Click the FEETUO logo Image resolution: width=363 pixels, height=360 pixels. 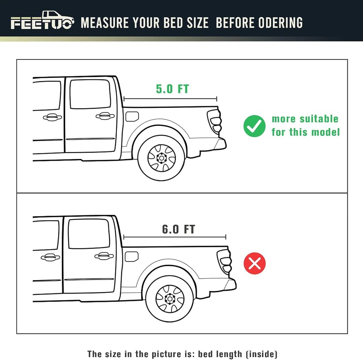tap(42, 20)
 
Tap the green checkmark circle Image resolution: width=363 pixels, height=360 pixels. tap(254, 126)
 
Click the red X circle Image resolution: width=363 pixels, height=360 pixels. tap(255, 263)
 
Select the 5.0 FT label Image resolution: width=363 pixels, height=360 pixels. tap(172, 89)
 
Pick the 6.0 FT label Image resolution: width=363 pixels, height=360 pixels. tap(179, 229)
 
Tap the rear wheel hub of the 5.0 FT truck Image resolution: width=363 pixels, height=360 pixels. tap(162, 158)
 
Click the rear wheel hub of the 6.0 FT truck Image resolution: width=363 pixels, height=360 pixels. tap(170, 299)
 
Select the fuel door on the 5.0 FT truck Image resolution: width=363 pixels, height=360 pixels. tap(132, 116)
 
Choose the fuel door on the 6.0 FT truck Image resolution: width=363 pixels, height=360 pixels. tap(131, 257)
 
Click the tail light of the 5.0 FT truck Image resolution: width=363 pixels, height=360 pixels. tap(215, 121)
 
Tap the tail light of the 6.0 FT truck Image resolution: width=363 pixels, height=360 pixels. tap(224, 261)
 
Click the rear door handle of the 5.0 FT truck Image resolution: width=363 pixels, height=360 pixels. tap(105, 116)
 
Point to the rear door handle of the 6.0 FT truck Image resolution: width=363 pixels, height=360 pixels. tap(104, 256)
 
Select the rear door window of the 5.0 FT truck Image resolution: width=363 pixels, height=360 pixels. tap(90, 94)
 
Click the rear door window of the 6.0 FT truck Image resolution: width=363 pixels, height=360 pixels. tap(89, 234)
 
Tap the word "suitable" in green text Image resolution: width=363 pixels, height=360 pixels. tap(319, 119)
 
